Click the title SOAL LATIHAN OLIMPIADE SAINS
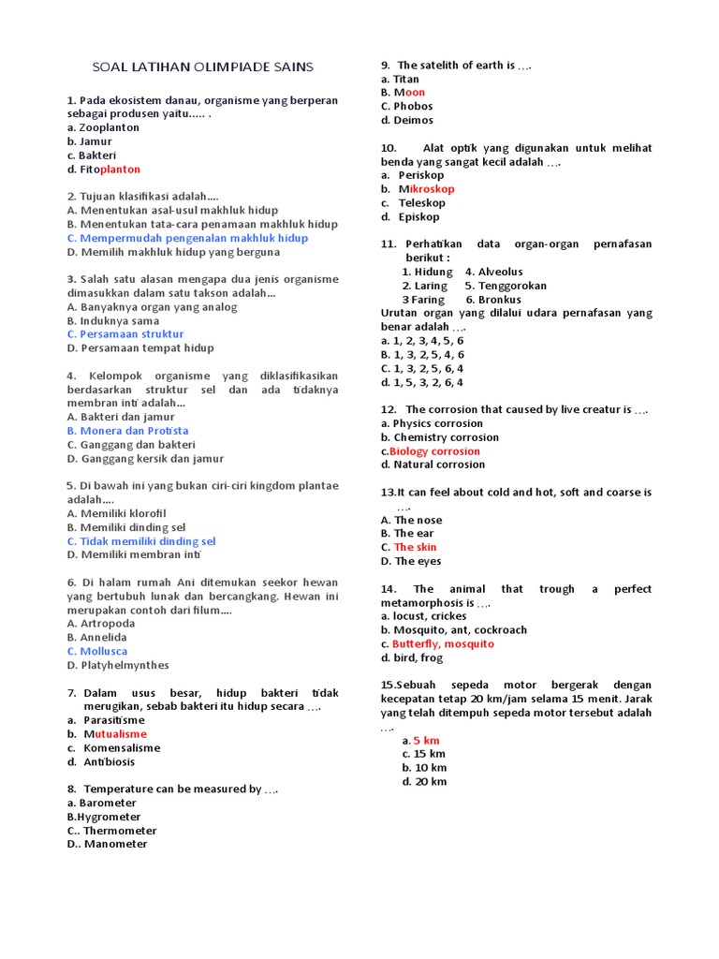[x=202, y=66]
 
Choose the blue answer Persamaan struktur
[x=125, y=333]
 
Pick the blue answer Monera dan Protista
[x=127, y=431]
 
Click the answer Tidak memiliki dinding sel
[x=141, y=541]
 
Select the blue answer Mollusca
[x=97, y=651]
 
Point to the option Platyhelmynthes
[x=118, y=665]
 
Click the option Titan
[x=400, y=79]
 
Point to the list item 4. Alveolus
[x=494, y=272]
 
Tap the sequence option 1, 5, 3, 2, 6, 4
[x=422, y=382]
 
